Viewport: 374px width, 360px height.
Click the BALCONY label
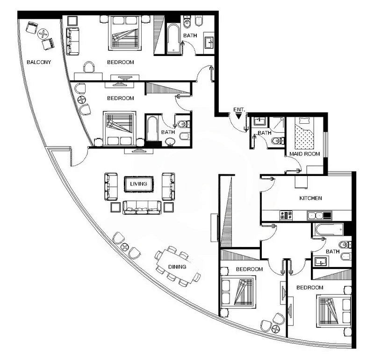39,62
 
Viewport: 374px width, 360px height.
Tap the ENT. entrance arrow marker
238,116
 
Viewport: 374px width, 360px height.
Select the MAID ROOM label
305,154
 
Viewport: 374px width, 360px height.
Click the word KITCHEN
310,198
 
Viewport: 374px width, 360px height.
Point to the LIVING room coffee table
138,184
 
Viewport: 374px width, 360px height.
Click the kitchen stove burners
286,215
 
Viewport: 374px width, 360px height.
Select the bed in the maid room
304,133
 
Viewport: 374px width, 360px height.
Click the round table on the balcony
43,34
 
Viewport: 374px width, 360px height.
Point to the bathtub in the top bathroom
173,38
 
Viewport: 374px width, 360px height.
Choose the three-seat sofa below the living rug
142,207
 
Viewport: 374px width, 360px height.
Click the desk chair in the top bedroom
89,67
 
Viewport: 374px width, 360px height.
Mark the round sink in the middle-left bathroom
170,142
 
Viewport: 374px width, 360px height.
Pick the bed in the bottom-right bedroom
333,311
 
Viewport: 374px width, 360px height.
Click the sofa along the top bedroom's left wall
72,41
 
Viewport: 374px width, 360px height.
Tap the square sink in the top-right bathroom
209,42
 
